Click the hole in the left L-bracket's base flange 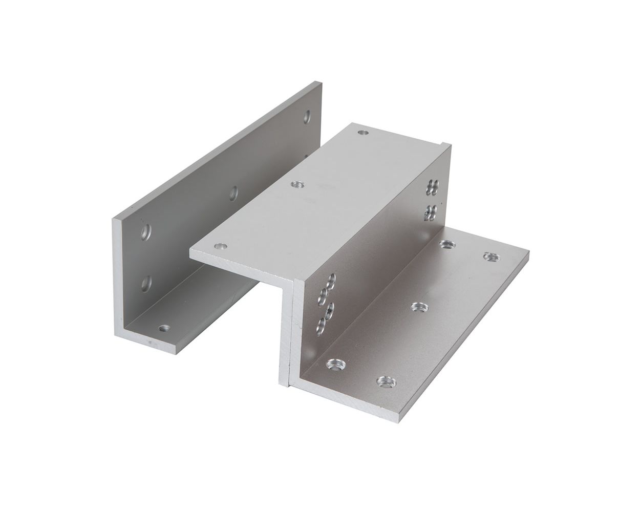pyautogui.click(x=164, y=327)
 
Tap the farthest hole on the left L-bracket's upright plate pyautogui.click(x=307, y=117)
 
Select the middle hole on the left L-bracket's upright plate pyautogui.click(x=233, y=193)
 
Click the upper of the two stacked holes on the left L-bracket pyautogui.click(x=146, y=233)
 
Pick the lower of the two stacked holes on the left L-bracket pyautogui.click(x=146, y=283)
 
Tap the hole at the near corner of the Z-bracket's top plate pyautogui.click(x=220, y=246)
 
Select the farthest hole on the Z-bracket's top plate pyautogui.click(x=363, y=132)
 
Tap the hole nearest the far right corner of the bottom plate pyautogui.click(x=491, y=256)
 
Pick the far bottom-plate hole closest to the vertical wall pyautogui.click(x=447, y=244)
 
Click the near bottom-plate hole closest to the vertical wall pyautogui.click(x=335, y=365)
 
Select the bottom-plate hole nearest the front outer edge pyautogui.click(x=387, y=381)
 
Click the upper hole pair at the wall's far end pyautogui.click(x=433, y=188)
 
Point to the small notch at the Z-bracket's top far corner pyautogui.click(x=441, y=143)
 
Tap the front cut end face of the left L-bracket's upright pyautogui.click(x=118, y=276)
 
